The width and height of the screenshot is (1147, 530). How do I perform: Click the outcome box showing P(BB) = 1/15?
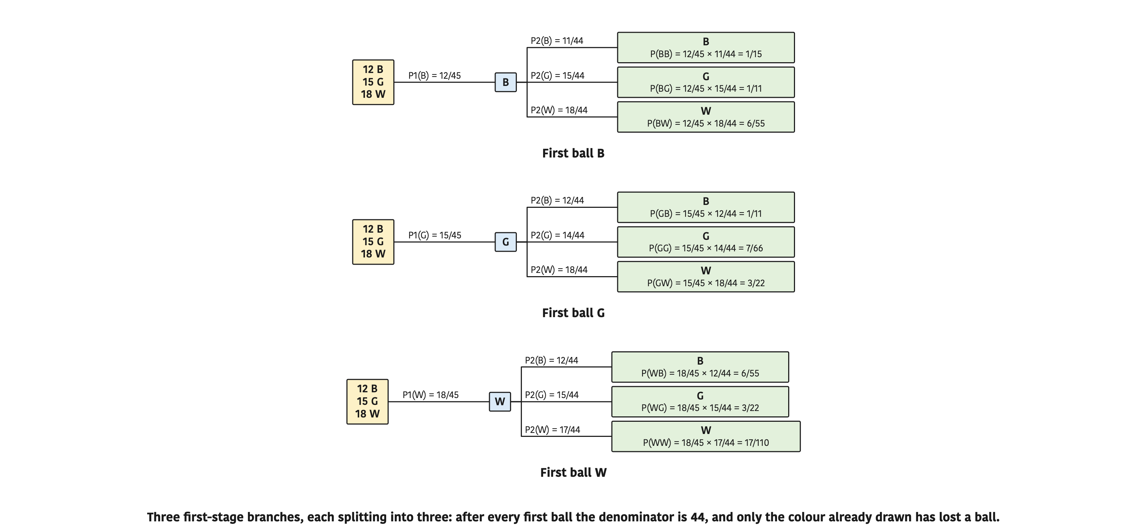706,47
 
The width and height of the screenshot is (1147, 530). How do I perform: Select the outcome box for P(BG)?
706,82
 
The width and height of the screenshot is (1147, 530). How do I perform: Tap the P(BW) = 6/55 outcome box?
706,117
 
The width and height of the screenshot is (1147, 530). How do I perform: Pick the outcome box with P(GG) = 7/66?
706,242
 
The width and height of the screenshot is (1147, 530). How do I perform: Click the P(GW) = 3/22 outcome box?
706,277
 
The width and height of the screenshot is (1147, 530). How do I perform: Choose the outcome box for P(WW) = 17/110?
706,437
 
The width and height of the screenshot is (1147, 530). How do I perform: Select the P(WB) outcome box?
700,367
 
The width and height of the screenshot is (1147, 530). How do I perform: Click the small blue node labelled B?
506,82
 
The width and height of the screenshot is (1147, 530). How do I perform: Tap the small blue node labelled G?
506,242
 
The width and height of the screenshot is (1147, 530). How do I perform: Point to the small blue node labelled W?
500,402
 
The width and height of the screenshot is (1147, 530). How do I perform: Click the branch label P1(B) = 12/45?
434,76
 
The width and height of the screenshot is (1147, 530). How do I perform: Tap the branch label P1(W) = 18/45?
430,395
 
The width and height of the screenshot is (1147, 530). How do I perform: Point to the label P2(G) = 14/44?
557,236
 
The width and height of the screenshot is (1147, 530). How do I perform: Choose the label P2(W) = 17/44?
552,430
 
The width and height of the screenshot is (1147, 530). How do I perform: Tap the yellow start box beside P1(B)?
373,82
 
